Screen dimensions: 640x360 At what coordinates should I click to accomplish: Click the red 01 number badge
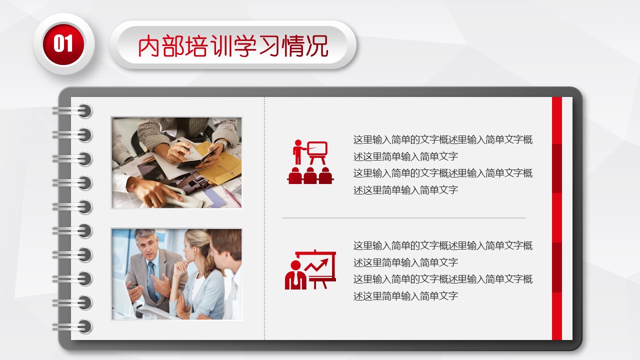(x=63, y=44)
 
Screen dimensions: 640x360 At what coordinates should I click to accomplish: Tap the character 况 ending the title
(x=317, y=45)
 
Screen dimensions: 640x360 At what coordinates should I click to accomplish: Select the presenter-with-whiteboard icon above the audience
(x=310, y=152)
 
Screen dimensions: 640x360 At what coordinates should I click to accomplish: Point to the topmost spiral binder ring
(x=72, y=111)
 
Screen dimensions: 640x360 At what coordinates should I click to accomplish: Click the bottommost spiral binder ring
(x=72, y=327)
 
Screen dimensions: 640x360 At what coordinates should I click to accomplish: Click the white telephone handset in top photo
(x=183, y=198)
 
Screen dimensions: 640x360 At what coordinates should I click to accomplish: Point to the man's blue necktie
(x=152, y=281)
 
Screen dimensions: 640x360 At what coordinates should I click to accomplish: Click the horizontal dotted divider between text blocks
(x=404, y=218)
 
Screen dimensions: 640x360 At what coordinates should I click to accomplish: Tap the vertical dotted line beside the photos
(x=264, y=218)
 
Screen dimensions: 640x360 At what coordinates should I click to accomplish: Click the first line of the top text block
(x=443, y=139)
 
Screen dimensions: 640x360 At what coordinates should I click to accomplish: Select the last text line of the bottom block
(x=405, y=296)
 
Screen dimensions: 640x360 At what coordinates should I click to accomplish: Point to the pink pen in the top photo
(x=232, y=197)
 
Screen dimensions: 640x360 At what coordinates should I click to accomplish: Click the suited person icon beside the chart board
(x=295, y=275)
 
